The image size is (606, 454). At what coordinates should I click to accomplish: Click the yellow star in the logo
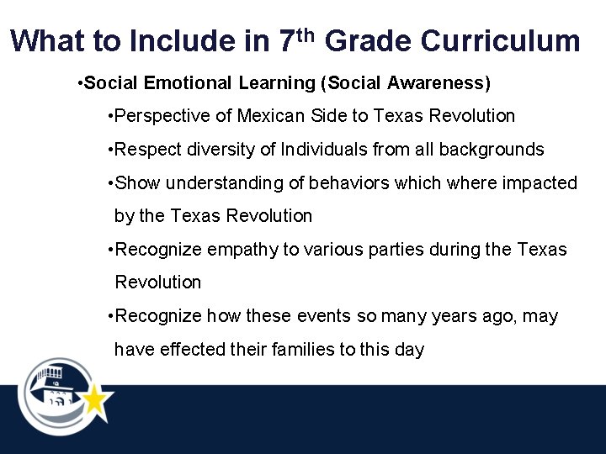click(x=95, y=401)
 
